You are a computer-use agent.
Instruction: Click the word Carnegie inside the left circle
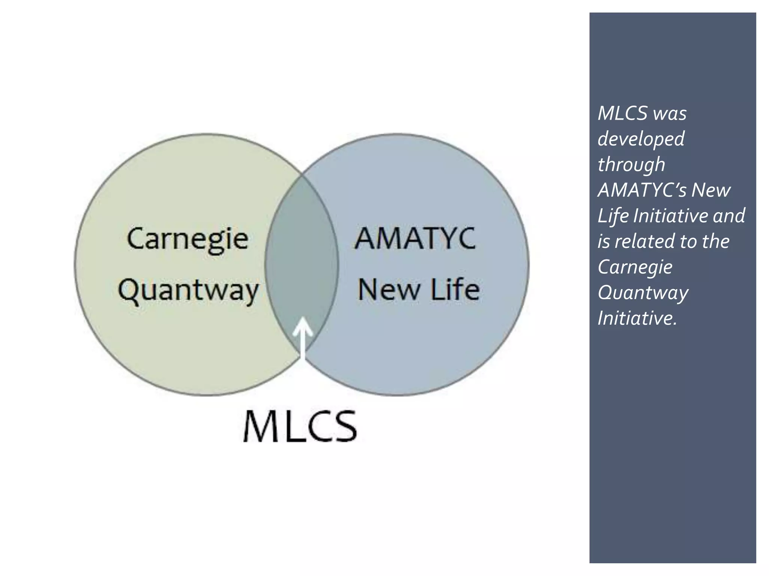point(187,239)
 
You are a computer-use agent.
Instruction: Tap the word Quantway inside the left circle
point(188,291)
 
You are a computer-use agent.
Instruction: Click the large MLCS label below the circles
point(300,427)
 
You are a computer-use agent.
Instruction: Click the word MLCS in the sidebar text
point(623,113)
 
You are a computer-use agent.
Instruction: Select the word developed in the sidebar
point(641,139)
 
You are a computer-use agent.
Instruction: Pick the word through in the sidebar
point(631,165)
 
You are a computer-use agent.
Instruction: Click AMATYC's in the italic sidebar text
point(642,190)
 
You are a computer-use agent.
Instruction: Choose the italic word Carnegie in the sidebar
point(635,267)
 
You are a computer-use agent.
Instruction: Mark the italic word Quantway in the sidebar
point(643,293)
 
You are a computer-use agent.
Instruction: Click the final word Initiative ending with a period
point(637,318)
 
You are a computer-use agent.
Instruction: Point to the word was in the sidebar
point(670,113)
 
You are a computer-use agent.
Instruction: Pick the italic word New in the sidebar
point(711,190)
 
